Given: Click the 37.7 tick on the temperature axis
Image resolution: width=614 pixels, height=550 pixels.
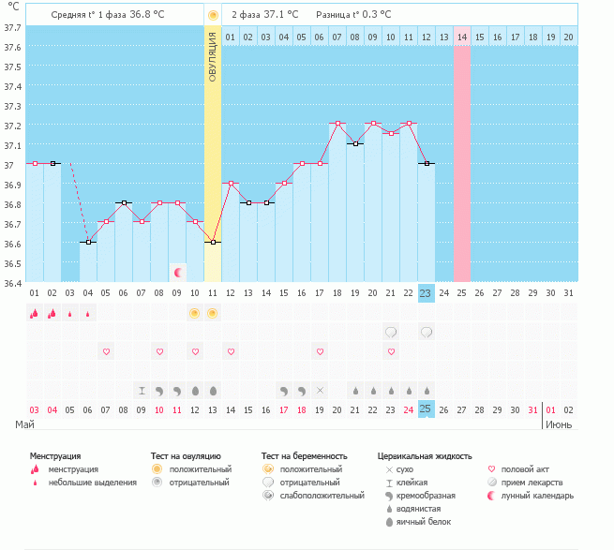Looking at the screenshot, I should pos(13,26).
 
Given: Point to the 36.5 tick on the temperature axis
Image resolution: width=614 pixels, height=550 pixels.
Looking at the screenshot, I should pos(13,263).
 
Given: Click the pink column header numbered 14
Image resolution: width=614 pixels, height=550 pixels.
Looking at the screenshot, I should pos(461,37).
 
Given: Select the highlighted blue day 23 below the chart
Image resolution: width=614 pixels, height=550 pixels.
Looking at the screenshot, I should pos(426,293).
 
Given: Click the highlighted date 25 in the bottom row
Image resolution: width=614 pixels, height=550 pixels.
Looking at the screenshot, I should pos(426,409).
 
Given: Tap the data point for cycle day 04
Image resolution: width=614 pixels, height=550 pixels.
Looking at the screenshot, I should pos(88,242).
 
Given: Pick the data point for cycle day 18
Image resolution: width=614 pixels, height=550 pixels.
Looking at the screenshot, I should pos(337,124).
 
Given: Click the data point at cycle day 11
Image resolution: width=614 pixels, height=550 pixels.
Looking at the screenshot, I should pos(213,242).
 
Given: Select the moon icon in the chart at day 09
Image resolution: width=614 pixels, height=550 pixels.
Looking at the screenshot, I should pos(177,272).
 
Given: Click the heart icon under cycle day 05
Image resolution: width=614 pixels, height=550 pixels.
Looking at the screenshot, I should pos(106,351).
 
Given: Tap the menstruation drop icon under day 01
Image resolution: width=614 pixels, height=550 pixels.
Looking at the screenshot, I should pos(35,313).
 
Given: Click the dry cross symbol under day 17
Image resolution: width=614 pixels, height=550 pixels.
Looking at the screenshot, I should pos(320,390).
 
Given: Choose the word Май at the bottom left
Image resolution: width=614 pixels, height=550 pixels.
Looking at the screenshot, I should pos(25,424).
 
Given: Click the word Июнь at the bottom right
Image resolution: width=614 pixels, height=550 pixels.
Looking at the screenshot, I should pos(560,424).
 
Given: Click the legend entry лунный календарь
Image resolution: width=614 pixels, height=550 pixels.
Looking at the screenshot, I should pos(537,495).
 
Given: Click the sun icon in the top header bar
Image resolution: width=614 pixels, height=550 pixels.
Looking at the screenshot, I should pos(213,15).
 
